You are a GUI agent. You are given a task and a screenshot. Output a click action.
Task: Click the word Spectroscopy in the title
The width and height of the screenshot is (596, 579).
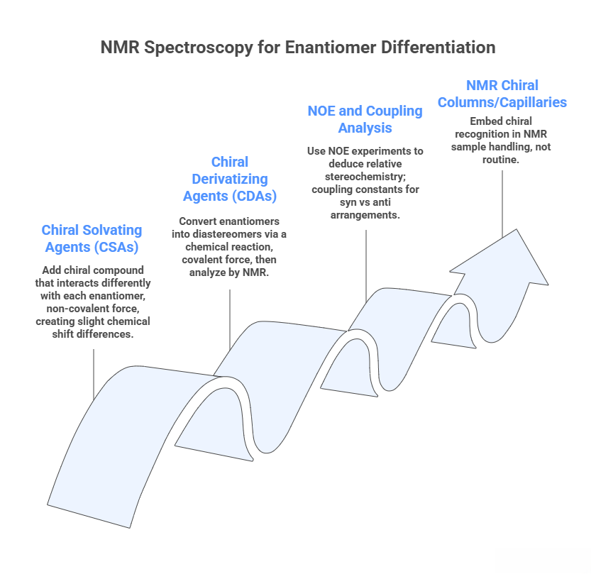(x=199, y=48)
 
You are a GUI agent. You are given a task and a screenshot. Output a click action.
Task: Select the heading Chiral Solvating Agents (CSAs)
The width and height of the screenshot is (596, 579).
(x=92, y=238)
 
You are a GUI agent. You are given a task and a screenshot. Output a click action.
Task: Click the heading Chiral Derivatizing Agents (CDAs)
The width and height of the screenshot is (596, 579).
(x=230, y=179)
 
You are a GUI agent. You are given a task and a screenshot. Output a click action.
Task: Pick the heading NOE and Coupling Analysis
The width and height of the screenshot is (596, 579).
(x=365, y=119)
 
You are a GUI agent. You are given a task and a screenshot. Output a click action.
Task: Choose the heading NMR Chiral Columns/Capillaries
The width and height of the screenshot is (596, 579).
(x=502, y=94)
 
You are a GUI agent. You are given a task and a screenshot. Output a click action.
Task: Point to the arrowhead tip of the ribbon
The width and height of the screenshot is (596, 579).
(x=517, y=229)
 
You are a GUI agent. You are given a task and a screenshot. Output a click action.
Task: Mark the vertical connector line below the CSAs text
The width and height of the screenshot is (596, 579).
(x=94, y=375)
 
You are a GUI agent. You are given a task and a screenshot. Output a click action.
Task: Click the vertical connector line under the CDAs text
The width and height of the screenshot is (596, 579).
(x=230, y=319)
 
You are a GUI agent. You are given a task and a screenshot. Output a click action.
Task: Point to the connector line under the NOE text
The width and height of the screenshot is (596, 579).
(x=366, y=266)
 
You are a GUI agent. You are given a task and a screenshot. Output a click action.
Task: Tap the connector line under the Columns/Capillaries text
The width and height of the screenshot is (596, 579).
(x=502, y=204)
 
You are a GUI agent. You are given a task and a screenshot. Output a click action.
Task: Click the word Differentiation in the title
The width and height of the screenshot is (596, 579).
(x=438, y=48)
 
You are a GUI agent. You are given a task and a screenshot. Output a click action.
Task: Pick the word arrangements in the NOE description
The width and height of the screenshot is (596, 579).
(x=365, y=216)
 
